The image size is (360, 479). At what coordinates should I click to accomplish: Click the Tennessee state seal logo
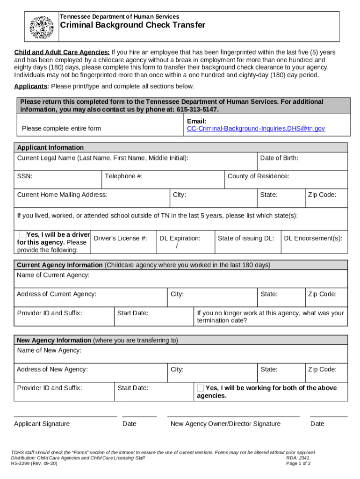42,28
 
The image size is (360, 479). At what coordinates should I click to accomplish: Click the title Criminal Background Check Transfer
132,25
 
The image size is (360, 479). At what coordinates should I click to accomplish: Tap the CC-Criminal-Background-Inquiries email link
256,128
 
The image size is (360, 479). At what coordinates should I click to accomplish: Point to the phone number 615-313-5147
197,109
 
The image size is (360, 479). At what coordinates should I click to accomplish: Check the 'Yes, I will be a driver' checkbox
22,234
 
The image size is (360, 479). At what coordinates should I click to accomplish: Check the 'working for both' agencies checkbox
201,388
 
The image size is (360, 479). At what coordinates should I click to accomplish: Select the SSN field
58,180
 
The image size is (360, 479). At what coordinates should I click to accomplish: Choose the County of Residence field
286,180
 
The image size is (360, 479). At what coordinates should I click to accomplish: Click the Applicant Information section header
50,147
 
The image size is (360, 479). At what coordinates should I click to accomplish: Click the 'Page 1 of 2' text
298,464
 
